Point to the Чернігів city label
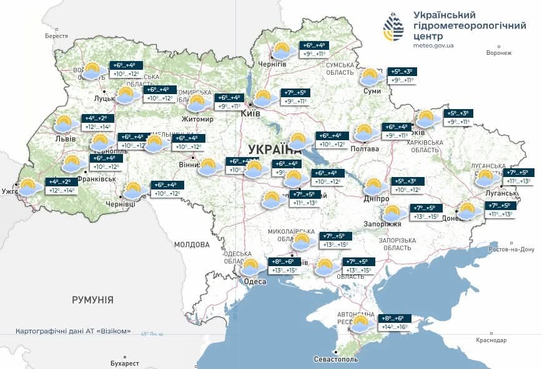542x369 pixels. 272,64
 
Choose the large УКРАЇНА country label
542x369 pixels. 274,149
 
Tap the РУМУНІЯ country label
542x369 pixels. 92,300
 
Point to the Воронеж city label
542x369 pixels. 498,53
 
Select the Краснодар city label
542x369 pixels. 490,340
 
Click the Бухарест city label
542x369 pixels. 122,363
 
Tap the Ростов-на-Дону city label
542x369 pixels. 511,249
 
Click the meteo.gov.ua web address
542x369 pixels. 433,46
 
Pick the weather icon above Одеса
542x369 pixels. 251,267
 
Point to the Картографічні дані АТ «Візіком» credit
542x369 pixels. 73,331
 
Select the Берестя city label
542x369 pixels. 56,36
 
